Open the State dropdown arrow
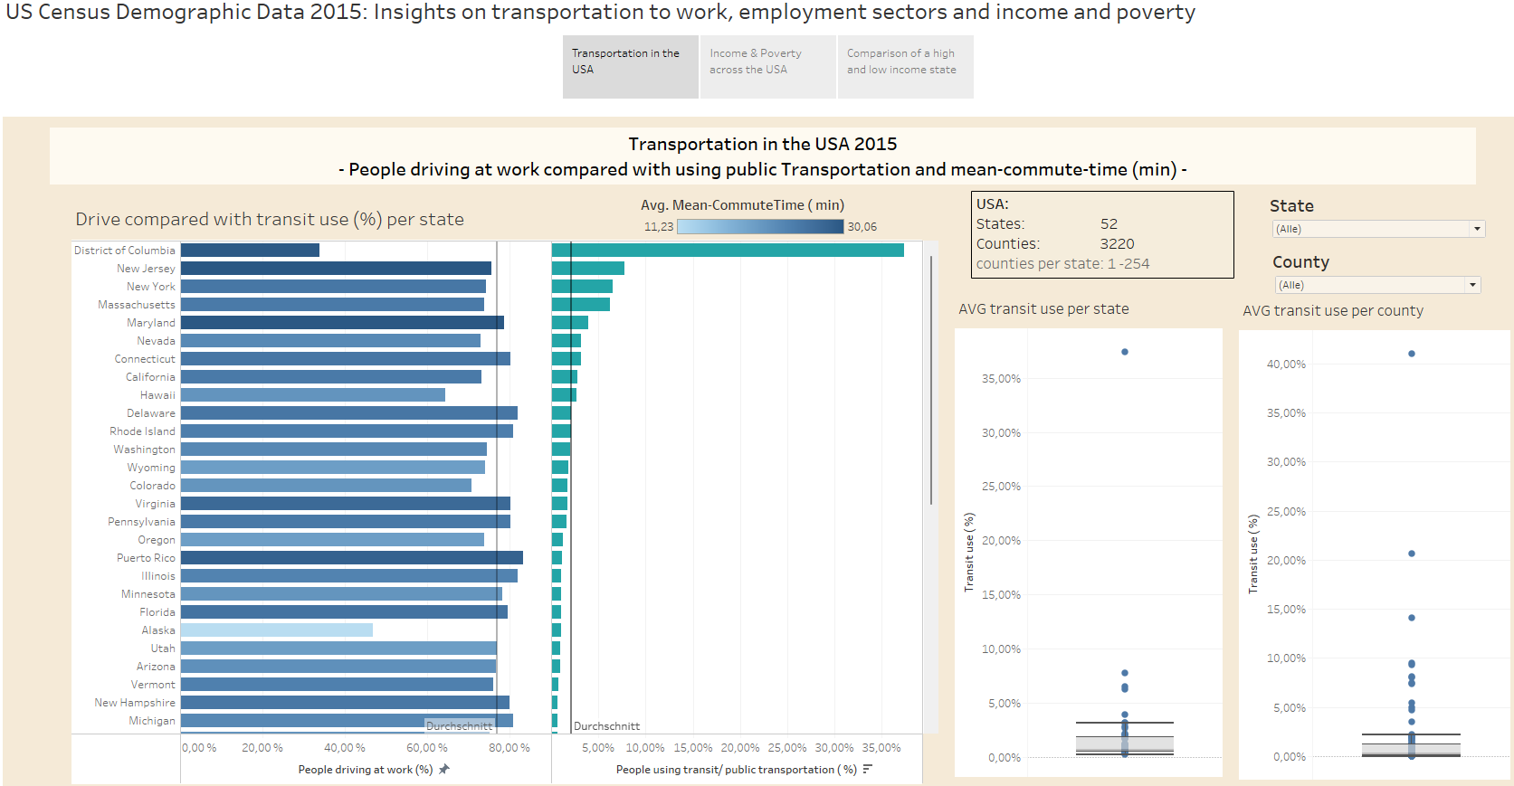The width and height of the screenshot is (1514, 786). click(1477, 229)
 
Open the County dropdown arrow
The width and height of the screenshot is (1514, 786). click(1473, 285)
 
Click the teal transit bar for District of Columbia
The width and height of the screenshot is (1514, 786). click(728, 251)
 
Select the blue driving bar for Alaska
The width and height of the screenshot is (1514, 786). click(277, 630)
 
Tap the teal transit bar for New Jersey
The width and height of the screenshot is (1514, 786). click(588, 269)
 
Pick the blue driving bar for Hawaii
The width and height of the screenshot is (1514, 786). click(313, 395)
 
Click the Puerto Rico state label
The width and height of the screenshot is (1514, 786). click(146, 558)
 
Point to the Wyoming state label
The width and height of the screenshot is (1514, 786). click(151, 468)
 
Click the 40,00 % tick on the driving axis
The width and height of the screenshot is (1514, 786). click(345, 748)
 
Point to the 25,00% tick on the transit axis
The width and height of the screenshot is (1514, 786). click(787, 748)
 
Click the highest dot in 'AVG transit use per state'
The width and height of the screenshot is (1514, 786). click(1125, 352)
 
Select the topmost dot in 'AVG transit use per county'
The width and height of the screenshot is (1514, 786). click(1412, 354)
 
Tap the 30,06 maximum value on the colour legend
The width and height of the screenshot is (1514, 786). click(862, 227)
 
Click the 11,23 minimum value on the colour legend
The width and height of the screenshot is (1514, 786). click(658, 227)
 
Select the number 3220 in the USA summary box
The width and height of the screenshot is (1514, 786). click(1117, 244)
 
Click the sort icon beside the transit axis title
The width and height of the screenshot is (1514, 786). click(868, 769)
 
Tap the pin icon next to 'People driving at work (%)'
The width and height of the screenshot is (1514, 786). click(443, 769)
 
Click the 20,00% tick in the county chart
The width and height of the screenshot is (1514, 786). click(1286, 561)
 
